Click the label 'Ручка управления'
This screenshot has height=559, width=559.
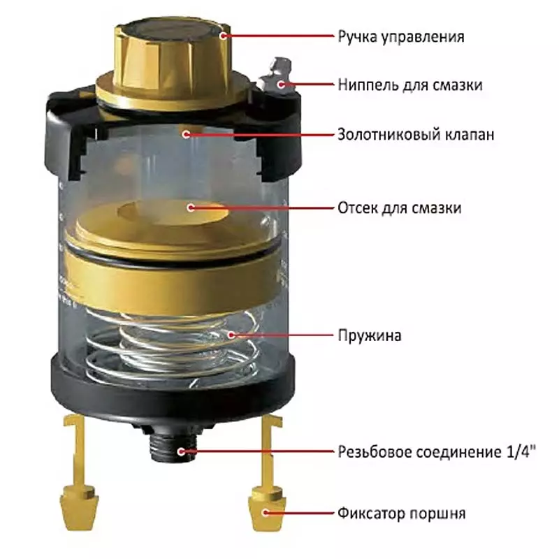(x=401, y=37)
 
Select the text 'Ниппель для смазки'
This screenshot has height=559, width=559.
(x=410, y=85)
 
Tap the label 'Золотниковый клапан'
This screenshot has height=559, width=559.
(x=416, y=135)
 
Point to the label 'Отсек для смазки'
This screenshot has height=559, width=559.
(x=400, y=208)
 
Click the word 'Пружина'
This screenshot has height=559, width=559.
(x=370, y=335)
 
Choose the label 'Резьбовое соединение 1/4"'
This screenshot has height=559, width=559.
(x=437, y=451)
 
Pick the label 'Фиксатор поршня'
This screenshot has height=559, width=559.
(x=402, y=514)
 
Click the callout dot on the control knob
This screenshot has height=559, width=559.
(x=224, y=36)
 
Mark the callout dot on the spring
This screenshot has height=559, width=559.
(x=232, y=335)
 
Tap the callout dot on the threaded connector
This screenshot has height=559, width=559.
(x=181, y=451)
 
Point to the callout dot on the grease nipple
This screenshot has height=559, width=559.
(x=282, y=85)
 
